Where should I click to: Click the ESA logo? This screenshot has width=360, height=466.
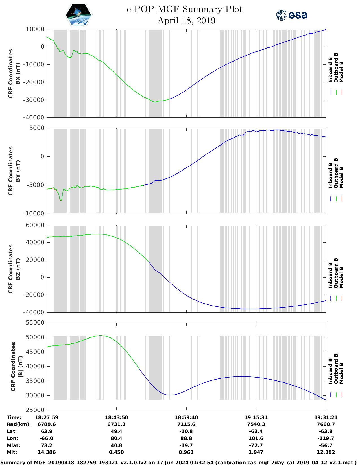tap(291, 15)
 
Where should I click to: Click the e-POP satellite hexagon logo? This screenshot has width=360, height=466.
tap(79, 15)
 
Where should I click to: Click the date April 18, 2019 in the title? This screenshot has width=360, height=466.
tap(186, 21)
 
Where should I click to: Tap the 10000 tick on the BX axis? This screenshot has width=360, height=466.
tap(35, 29)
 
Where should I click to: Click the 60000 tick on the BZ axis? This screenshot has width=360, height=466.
tap(35, 225)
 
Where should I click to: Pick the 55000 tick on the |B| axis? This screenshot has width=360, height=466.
tap(35, 323)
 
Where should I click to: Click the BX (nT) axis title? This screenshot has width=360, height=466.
tap(18, 73)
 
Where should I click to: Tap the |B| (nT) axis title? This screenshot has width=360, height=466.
tap(20, 366)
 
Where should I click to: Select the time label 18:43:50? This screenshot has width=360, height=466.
tap(116, 417)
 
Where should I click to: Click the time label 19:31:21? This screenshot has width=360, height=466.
tap(326, 417)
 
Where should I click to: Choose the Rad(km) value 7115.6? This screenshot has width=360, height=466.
tap(186, 424)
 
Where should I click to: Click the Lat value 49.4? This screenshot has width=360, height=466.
tap(116, 431)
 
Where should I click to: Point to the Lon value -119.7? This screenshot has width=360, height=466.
tap(326, 438)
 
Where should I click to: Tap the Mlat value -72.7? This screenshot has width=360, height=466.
tap(256, 445)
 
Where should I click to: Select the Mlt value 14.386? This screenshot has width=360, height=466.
tap(47, 452)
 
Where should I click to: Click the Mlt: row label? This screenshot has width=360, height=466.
tap(12, 452)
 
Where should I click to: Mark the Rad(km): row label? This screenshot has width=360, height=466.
tap(19, 424)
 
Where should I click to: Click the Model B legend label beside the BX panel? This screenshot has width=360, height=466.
tap(341, 72)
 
